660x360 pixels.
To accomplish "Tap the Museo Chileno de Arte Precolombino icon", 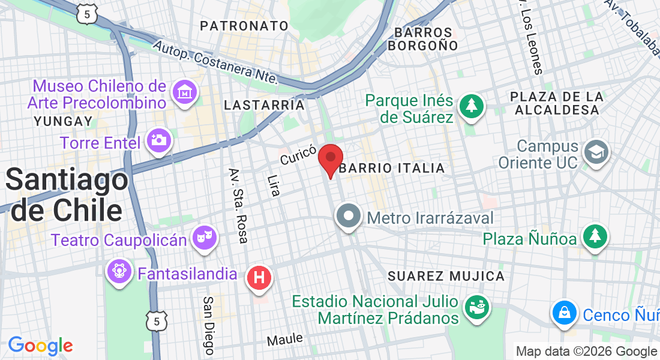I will tap(185, 92).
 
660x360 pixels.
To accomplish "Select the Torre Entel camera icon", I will tap(160, 141).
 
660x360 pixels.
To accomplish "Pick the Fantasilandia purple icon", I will tap(119, 271).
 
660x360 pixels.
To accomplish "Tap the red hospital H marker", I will tap(260, 278).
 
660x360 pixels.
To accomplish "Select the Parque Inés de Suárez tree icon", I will tap(472, 106).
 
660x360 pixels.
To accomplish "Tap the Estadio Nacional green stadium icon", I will tap(477, 308).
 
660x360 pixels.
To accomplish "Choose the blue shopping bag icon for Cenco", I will tap(565, 312).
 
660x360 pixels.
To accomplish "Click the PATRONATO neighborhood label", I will tap(244, 26).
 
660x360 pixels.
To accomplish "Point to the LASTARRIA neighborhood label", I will tap(264, 105).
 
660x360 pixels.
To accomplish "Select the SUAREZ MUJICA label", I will tap(446, 276).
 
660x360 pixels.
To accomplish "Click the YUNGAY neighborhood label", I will tap(63, 121).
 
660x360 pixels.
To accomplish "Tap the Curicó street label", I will tap(298, 156).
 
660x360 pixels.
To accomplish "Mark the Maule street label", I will tap(284, 340).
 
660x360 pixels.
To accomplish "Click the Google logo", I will tap(40, 346).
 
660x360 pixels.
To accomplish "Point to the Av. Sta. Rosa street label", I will tap(238, 206).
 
